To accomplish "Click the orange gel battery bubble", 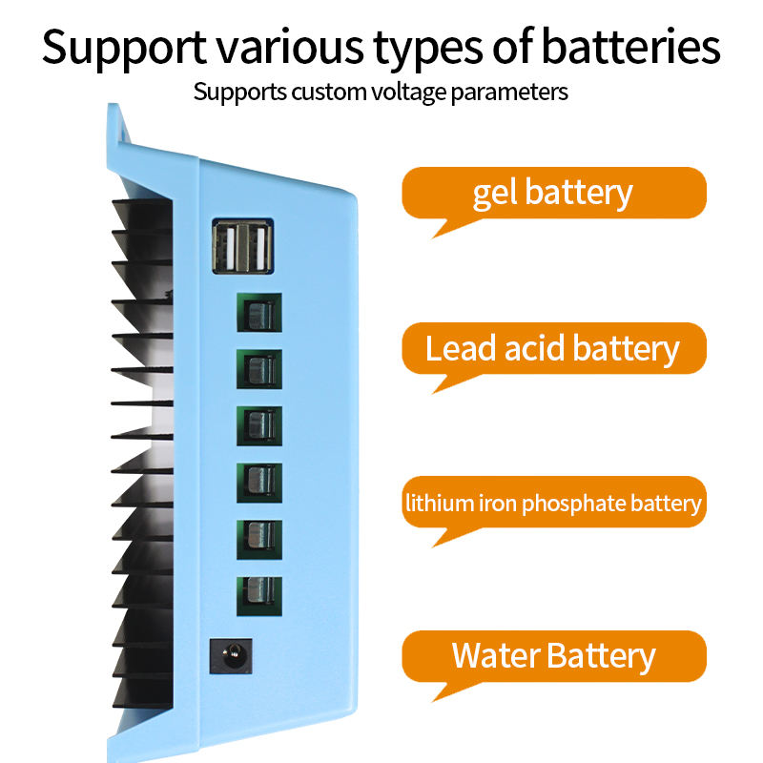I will (553, 193).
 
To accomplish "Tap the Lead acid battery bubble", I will (553, 348).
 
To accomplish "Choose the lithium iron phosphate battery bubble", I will (553, 503).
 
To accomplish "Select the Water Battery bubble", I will (553, 656).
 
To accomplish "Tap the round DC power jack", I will (230, 656).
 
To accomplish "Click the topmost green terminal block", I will (258, 313).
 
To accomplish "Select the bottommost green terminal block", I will (258, 593).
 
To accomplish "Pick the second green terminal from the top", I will (258, 368).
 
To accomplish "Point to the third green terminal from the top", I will (258, 424).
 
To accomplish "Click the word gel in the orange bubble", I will (495, 194).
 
